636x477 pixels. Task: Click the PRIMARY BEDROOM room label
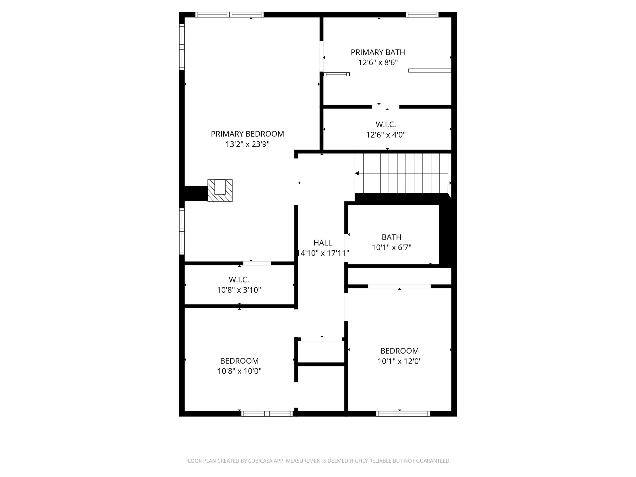[247, 134]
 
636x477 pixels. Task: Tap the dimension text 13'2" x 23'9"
[247, 144]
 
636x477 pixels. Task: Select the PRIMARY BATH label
[378, 52]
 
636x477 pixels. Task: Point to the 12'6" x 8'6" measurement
[378, 63]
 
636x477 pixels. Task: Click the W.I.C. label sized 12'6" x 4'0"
[386, 124]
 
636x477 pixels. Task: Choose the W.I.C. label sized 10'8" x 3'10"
[239, 279]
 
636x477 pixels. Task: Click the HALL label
[323, 243]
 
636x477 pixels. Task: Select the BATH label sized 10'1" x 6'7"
[391, 237]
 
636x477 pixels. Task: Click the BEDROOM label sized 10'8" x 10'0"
[239, 361]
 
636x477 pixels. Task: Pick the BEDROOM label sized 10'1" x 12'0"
[399, 351]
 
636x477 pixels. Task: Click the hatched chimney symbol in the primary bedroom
[220, 190]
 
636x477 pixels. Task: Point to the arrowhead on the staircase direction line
[357, 173]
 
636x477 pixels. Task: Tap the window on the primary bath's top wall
[422, 15]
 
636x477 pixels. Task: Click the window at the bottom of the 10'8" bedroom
[267, 414]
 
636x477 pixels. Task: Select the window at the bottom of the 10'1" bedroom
[403, 414]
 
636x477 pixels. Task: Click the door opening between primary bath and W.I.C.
[386, 107]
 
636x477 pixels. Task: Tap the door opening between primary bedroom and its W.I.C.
[257, 263]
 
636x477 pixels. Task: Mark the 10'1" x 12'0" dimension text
[399, 361]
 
